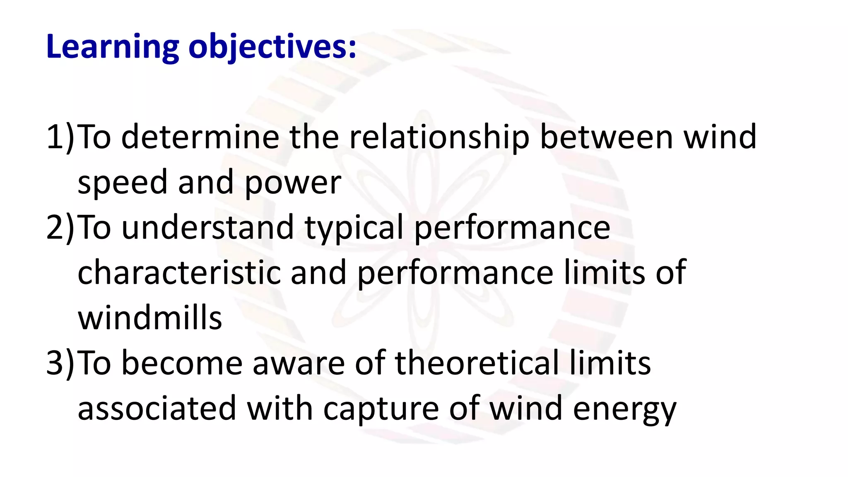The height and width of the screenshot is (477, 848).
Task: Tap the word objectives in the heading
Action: tap(272, 46)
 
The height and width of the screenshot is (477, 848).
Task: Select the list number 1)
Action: tap(60, 137)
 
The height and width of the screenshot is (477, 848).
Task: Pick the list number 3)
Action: tap(60, 363)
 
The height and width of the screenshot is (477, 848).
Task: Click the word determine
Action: tap(200, 137)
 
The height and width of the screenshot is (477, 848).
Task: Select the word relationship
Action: tap(439, 137)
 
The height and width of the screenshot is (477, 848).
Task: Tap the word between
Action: tap(607, 137)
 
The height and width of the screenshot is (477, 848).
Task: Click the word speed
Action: tap(122, 182)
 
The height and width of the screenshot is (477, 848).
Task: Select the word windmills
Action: tap(150, 318)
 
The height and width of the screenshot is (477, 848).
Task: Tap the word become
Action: tap(182, 363)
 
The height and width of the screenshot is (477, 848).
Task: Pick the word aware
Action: tap(299, 363)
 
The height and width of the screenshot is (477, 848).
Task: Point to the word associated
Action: tap(157, 408)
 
